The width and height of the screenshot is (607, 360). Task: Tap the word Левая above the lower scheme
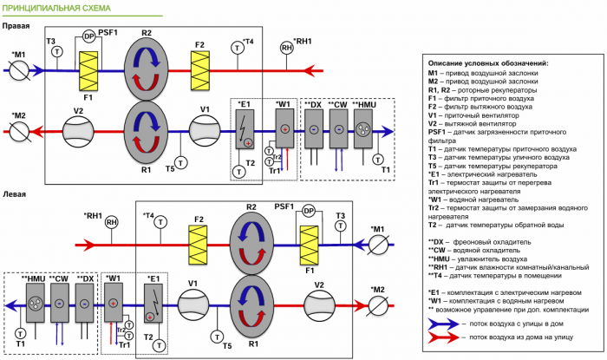[15, 194]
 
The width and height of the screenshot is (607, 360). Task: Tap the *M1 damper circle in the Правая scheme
[20, 71]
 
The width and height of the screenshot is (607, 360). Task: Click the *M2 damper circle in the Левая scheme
[378, 304]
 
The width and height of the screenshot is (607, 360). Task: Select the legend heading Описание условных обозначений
[488, 63]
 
